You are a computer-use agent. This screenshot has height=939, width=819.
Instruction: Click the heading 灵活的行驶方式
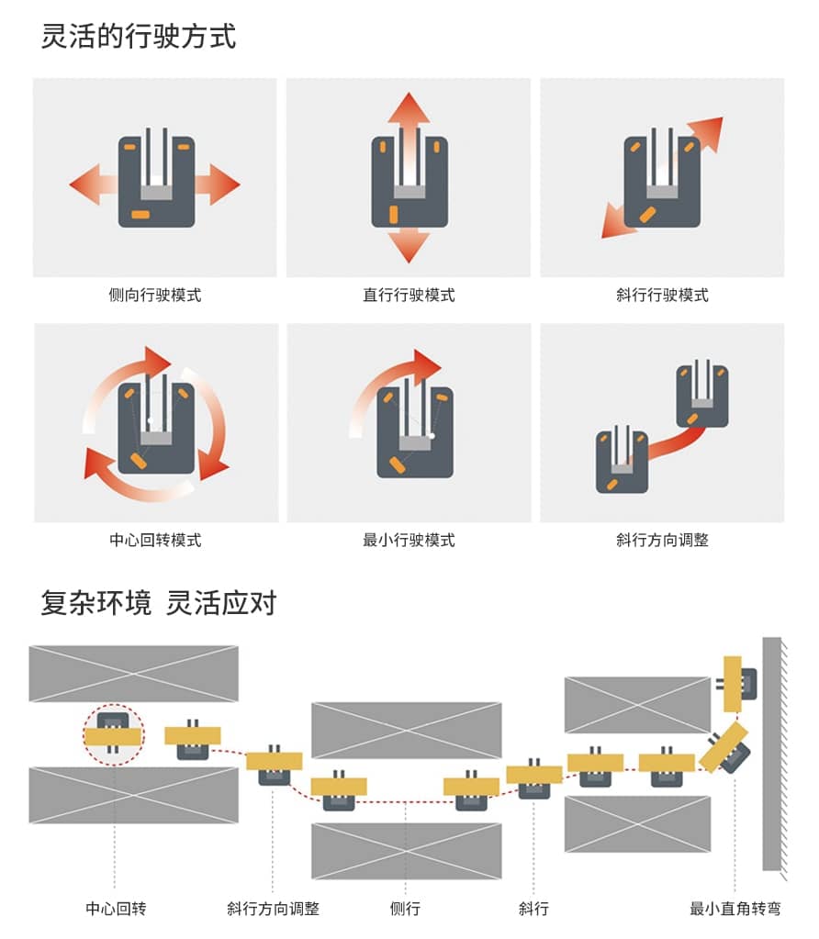(139, 37)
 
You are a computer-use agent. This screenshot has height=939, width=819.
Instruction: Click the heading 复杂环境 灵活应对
(158, 603)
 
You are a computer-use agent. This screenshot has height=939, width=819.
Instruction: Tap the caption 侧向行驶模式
(155, 296)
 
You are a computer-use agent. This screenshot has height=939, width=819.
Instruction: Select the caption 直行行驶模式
(409, 296)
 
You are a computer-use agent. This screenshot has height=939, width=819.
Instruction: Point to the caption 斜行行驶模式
(662, 296)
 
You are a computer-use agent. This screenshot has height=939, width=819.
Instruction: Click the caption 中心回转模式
(155, 540)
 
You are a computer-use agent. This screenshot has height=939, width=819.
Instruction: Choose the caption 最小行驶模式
(409, 540)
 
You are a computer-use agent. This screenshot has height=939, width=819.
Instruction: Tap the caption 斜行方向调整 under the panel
(662, 540)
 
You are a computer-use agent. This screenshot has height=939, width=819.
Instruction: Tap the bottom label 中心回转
(116, 909)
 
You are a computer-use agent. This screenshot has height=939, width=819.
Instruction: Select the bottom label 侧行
(405, 909)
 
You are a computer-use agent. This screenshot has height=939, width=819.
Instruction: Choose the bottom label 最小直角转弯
(735, 909)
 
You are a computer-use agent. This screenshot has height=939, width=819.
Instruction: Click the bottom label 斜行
(533, 909)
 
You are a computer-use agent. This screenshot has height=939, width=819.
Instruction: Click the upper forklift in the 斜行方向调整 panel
(702, 395)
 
